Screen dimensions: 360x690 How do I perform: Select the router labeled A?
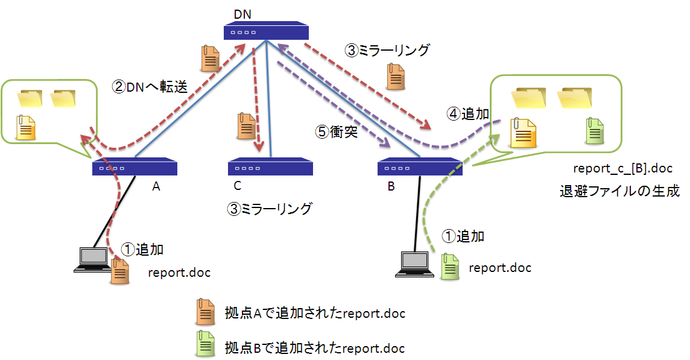[x=135, y=168]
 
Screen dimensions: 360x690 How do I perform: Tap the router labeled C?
[x=270, y=168]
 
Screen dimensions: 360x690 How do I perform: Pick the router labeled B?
[x=420, y=168]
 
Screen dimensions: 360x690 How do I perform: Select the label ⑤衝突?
[x=337, y=131]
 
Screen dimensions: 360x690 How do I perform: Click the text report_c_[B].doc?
[x=622, y=168]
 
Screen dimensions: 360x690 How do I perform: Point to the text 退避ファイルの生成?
[x=619, y=192]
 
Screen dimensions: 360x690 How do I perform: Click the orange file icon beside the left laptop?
[x=120, y=270]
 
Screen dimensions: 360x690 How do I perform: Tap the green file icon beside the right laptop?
[x=450, y=266]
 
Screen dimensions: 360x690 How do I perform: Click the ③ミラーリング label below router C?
[x=270, y=209]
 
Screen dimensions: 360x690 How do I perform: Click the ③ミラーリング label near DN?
[x=387, y=51]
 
